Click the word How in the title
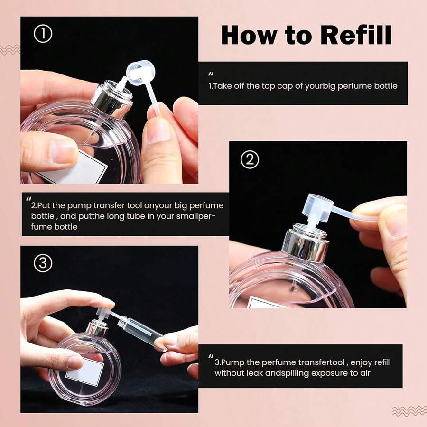[x=247, y=35]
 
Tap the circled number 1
[x=43, y=35]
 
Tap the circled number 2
[x=250, y=160]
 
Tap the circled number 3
[x=43, y=263]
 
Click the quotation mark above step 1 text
[x=212, y=74]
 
